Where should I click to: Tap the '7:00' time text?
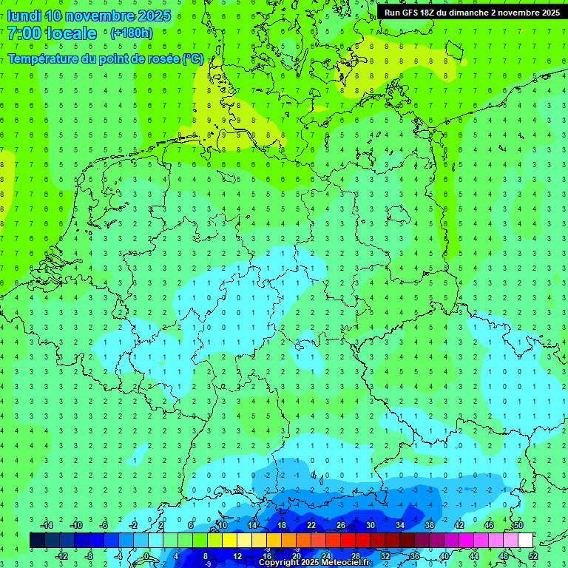[x=24, y=33]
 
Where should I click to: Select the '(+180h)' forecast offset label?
[x=132, y=33]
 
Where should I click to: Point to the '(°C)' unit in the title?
[x=192, y=59]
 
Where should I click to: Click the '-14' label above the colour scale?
[x=46, y=525]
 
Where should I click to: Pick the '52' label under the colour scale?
[x=533, y=556]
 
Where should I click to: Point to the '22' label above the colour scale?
[x=311, y=525]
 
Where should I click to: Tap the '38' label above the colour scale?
[x=430, y=525]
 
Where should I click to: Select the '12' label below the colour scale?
[x=237, y=556]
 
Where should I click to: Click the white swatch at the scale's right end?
[x=525, y=541]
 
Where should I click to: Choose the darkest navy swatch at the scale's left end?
[x=37, y=541]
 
